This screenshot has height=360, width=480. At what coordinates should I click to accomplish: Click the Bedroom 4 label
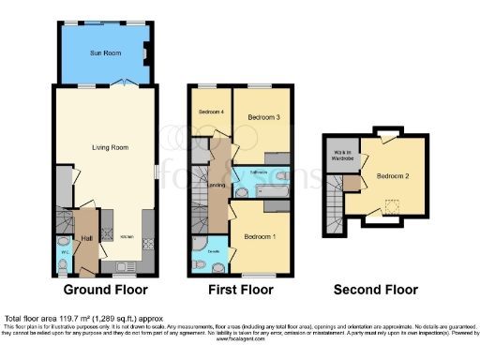208,112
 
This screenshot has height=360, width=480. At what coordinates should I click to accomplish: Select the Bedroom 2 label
391,174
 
